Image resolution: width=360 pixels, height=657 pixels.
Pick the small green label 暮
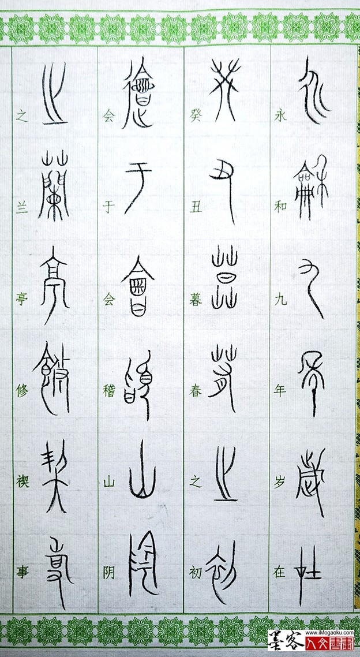(195, 299)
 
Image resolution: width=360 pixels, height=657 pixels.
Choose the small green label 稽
(109, 391)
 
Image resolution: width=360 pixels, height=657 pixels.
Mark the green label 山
(109, 481)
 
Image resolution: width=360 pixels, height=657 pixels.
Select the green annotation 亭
(22, 299)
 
